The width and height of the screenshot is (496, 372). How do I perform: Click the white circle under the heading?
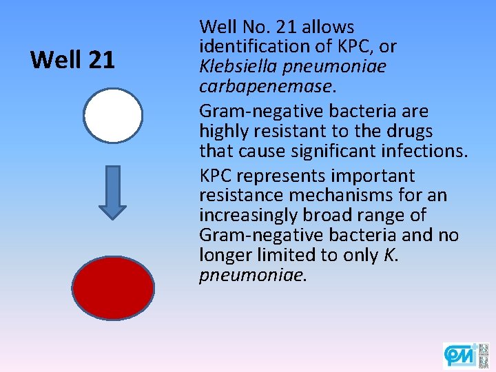click(x=113, y=115)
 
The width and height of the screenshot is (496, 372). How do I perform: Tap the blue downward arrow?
click(x=113, y=192)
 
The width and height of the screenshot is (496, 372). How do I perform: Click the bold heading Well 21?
click(x=72, y=61)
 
